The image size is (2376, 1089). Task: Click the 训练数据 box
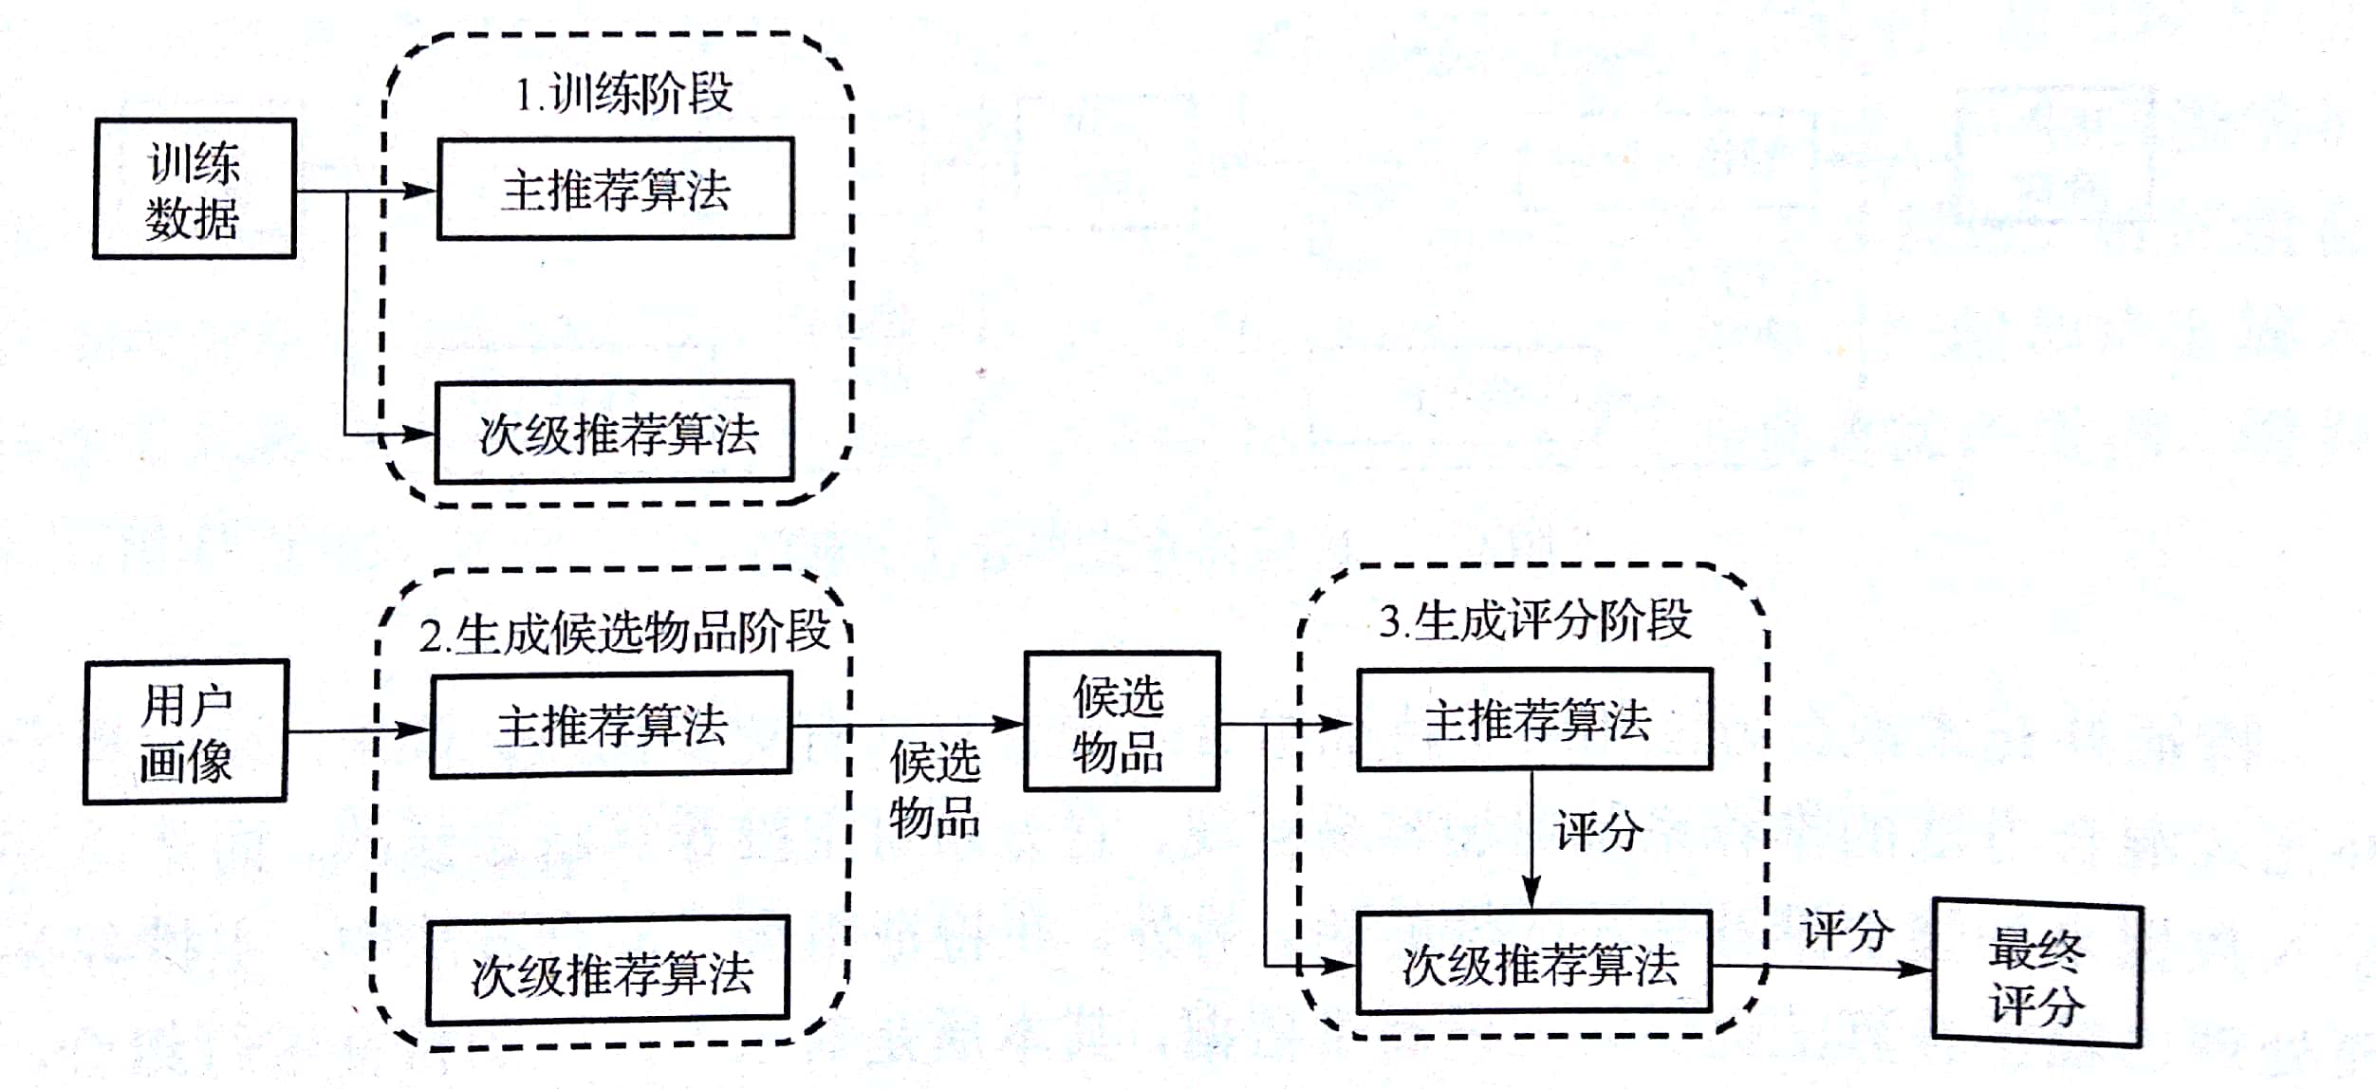click(195, 189)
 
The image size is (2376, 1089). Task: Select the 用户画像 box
click(186, 732)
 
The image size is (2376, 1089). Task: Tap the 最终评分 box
click(2037, 975)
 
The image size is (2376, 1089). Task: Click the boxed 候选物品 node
click(1121, 722)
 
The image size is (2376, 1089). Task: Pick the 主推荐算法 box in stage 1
click(615, 189)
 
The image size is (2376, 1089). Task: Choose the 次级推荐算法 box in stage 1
click(615, 433)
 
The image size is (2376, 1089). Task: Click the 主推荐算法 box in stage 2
click(611, 726)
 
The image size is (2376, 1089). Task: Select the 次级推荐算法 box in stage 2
click(608, 971)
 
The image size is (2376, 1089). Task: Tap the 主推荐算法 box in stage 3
click(1534, 720)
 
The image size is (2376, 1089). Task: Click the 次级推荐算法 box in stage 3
click(1534, 964)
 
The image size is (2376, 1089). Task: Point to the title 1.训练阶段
click(623, 94)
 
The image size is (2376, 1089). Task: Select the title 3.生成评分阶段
click(1534, 621)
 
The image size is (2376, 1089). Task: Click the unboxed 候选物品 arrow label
click(934, 789)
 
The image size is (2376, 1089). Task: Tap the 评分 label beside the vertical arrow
click(1599, 831)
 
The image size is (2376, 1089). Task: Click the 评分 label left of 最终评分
click(1847, 931)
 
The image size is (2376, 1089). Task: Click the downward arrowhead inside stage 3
click(1531, 894)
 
